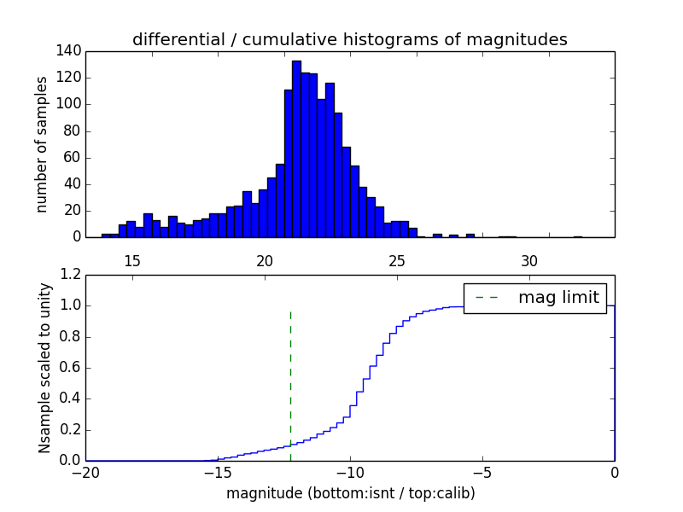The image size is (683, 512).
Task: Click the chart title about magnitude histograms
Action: click(x=349, y=39)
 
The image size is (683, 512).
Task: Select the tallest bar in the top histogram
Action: click(x=296, y=149)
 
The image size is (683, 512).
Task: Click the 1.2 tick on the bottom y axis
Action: click(x=73, y=275)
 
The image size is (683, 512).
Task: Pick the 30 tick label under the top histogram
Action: click(x=529, y=261)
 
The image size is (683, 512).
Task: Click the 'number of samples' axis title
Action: click(x=42, y=144)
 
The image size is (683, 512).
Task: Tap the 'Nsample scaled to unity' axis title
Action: click(x=44, y=368)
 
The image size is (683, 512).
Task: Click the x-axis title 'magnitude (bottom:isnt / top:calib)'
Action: click(x=350, y=493)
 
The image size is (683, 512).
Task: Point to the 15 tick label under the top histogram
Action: click(x=132, y=261)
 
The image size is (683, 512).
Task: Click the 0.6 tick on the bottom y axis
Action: click(x=73, y=368)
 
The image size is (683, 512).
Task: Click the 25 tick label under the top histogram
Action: click(x=397, y=261)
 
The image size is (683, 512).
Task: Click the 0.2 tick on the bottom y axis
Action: click(x=73, y=430)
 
